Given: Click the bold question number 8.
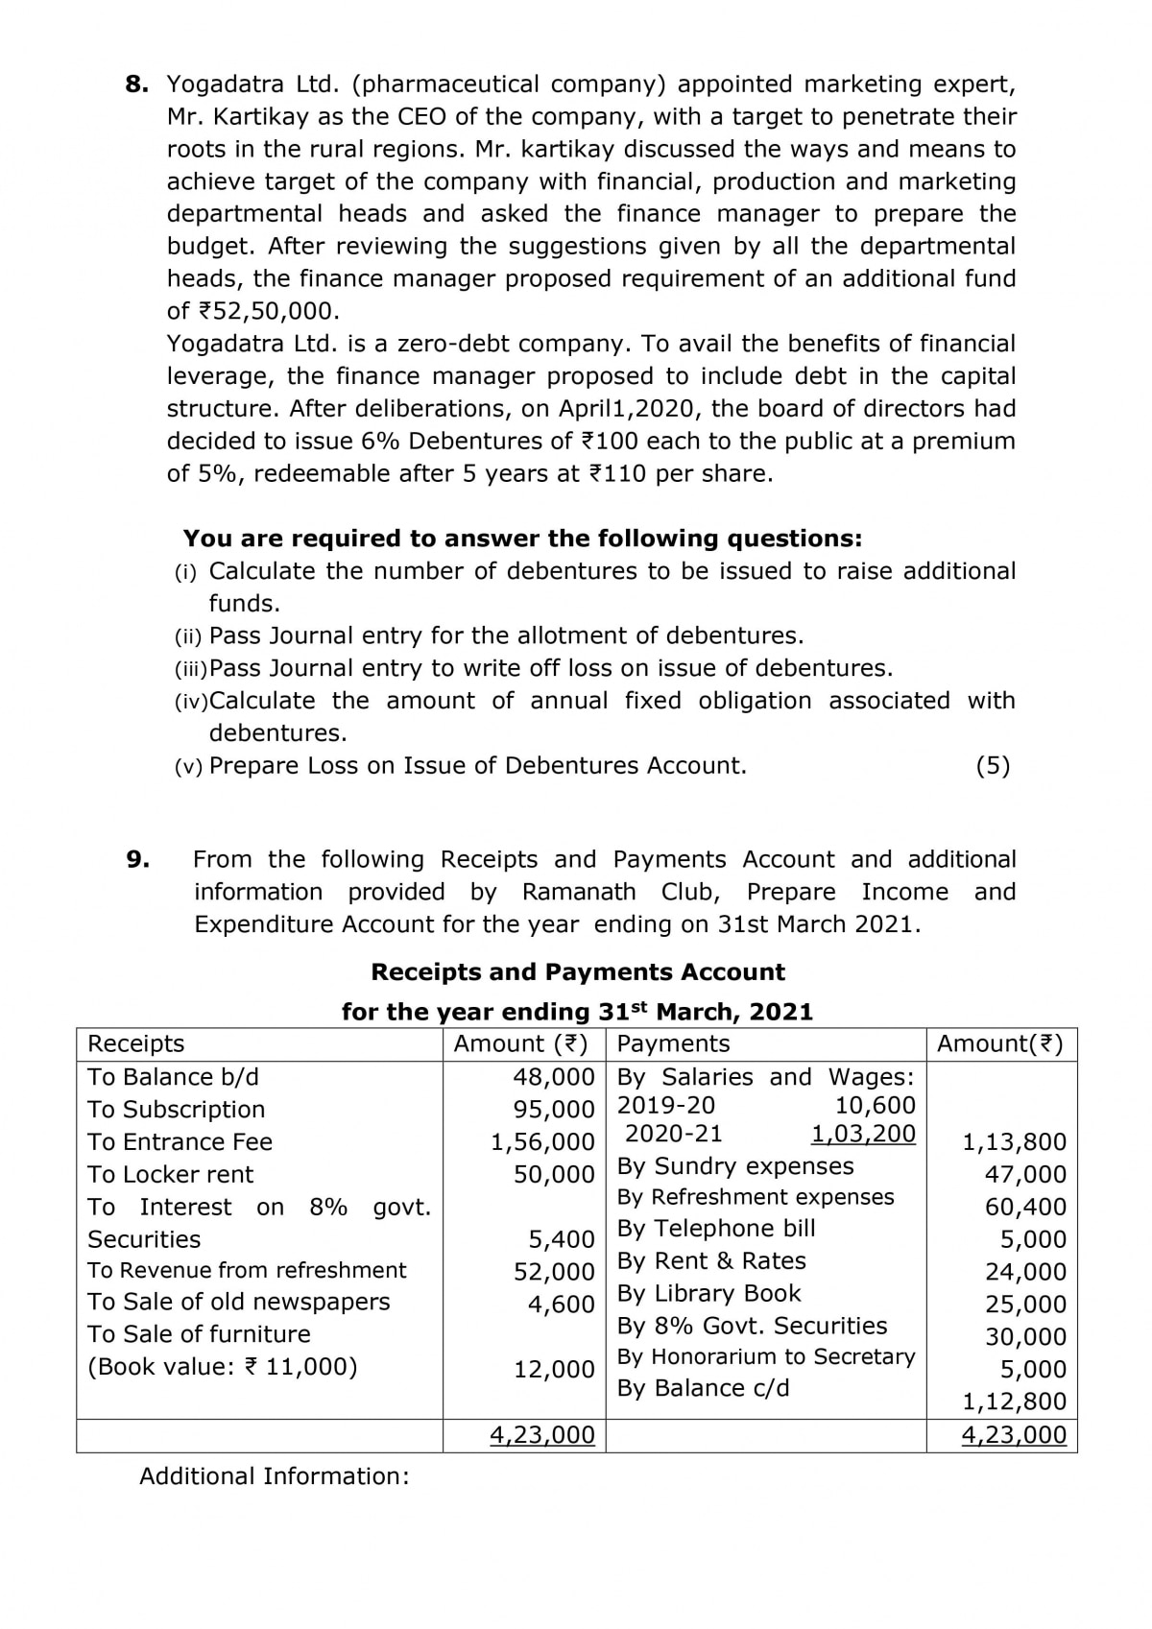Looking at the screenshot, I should [x=137, y=84].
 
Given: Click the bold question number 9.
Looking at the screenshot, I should [x=137, y=859].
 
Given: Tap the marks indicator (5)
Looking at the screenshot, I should [x=993, y=766].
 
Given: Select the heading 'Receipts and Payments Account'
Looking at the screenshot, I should [x=578, y=972].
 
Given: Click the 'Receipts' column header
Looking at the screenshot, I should [x=136, y=1043].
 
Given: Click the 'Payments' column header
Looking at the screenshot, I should [x=674, y=1043].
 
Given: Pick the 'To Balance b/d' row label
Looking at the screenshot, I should [x=174, y=1077].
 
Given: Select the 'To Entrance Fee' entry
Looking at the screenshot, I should [x=180, y=1142].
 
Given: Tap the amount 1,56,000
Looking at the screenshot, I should [x=543, y=1142].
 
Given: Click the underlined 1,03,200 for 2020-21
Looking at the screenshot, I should [x=864, y=1134].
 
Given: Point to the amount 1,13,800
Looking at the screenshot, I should [x=1015, y=1142].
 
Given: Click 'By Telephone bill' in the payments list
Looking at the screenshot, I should [x=716, y=1229].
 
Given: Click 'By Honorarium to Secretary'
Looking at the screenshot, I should [x=766, y=1356].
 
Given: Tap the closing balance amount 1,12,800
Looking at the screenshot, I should [x=1015, y=1401].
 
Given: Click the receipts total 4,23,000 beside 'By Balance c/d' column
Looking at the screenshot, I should [x=542, y=1435].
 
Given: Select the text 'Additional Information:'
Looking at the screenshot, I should [x=275, y=1476].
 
